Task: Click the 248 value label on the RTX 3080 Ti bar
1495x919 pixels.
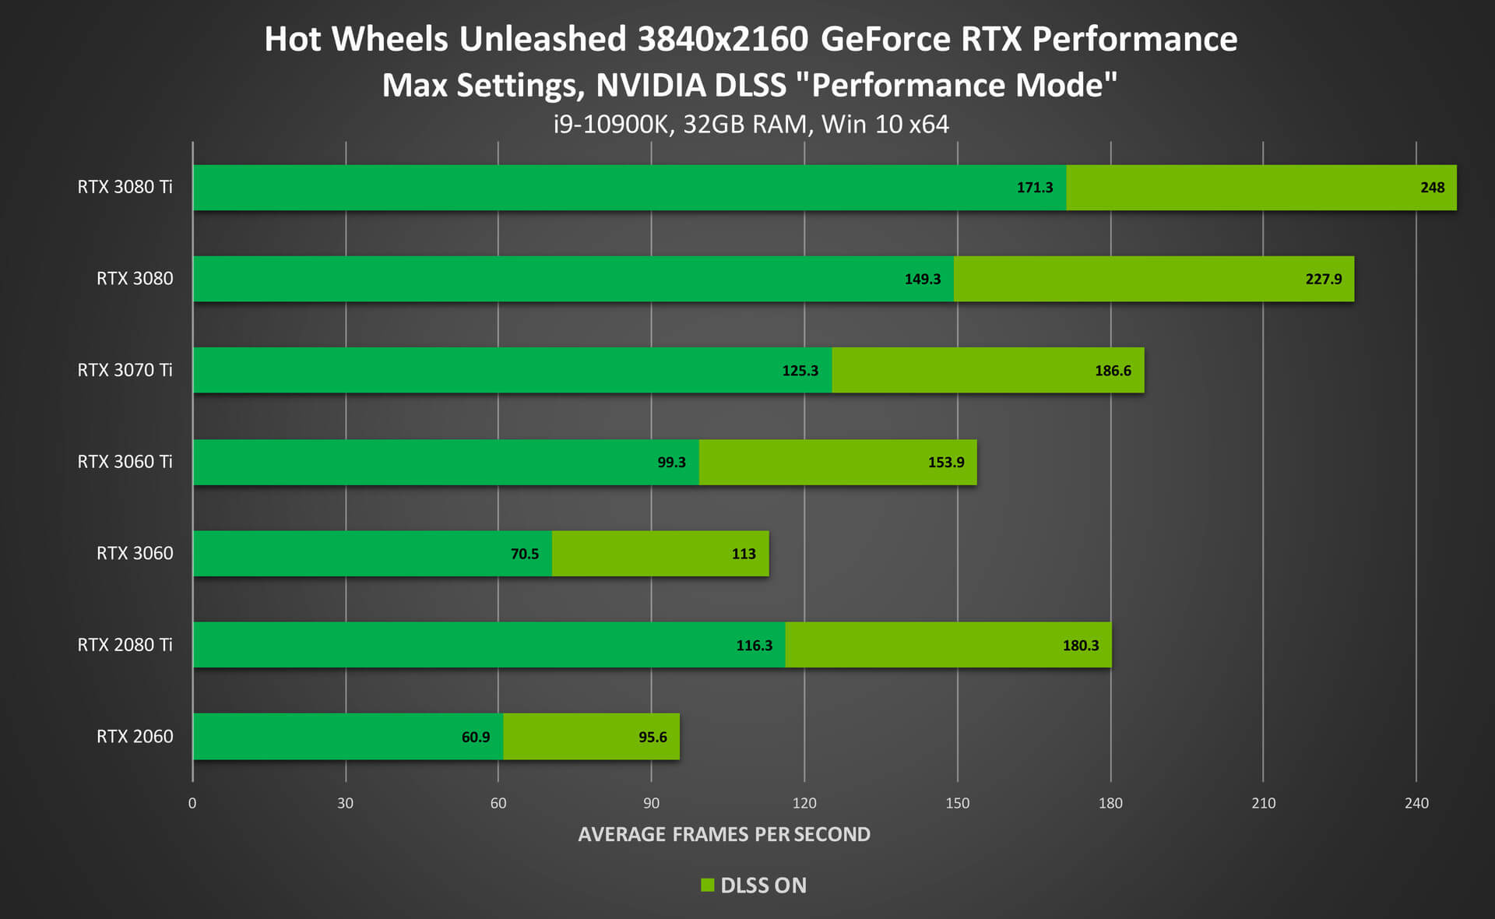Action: [x=1432, y=188]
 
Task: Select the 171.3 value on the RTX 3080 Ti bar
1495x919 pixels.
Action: [x=1035, y=188]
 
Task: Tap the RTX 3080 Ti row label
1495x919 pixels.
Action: [x=125, y=187]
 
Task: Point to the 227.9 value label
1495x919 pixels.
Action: [x=1324, y=279]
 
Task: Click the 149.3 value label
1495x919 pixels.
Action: [x=923, y=279]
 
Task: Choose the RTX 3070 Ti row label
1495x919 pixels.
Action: [x=125, y=370]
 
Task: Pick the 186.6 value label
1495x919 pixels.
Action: [x=1113, y=371]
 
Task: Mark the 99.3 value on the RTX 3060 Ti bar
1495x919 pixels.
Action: [x=671, y=463]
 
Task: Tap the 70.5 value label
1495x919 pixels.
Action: [x=525, y=554]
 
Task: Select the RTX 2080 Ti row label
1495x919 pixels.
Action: [x=125, y=645]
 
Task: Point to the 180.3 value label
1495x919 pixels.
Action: [x=1081, y=646]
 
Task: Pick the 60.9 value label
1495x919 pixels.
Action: [x=476, y=737]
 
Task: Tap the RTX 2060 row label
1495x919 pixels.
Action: [x=135, y=737]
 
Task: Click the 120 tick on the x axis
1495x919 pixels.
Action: [x=804, y=803]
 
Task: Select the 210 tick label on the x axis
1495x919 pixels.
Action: [x=1263, y=803]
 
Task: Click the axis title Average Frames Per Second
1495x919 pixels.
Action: [x=724, y=834]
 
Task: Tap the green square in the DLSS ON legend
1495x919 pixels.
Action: [x=708, y=885]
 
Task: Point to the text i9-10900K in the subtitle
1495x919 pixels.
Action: [x=612, y=125]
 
